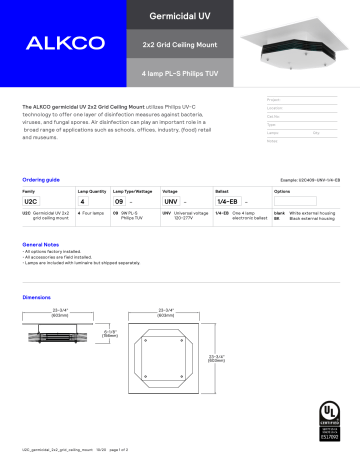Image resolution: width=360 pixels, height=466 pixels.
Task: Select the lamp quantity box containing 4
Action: click(x=89, y=200)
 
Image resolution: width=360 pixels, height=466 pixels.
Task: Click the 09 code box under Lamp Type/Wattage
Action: click(x=131, y=200)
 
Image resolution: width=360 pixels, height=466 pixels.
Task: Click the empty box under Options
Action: click(x=301, y=200)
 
